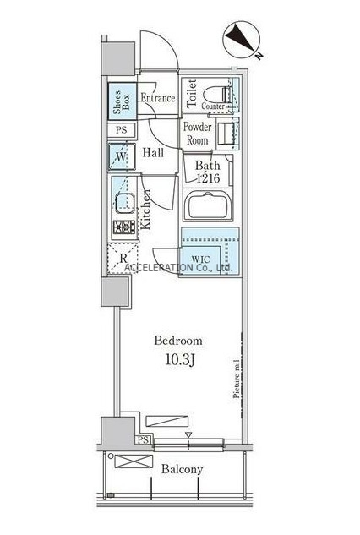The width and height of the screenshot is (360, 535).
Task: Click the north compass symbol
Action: click(241, 40)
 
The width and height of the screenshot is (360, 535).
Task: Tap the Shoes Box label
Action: click(122, 101)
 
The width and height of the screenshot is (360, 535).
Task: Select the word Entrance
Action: click(158, 98)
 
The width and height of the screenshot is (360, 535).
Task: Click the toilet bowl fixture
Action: click(218, 94)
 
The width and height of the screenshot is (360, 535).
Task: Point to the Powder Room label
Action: click(197, 134)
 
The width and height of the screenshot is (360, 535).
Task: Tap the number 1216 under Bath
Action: click(208, 177)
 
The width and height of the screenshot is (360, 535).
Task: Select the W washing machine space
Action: click(122, 157)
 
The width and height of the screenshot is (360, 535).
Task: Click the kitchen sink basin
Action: click(124, 203)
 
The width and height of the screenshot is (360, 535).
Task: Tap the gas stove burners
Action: click(124, 227)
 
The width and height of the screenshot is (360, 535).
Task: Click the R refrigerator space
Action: click(123, 259)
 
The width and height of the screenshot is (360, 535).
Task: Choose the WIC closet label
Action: click(200, 259)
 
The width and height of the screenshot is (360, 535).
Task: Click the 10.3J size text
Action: click(180, 359)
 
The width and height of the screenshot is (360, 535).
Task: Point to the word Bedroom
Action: click(178, 341)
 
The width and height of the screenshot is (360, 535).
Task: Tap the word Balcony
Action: click(183, 469)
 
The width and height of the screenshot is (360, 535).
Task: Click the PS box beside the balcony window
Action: click(144, 440)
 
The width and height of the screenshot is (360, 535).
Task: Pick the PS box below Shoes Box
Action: click(122, 130)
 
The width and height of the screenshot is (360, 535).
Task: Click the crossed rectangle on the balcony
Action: click(133, 461)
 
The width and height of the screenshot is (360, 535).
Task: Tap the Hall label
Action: click(153, 152)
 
